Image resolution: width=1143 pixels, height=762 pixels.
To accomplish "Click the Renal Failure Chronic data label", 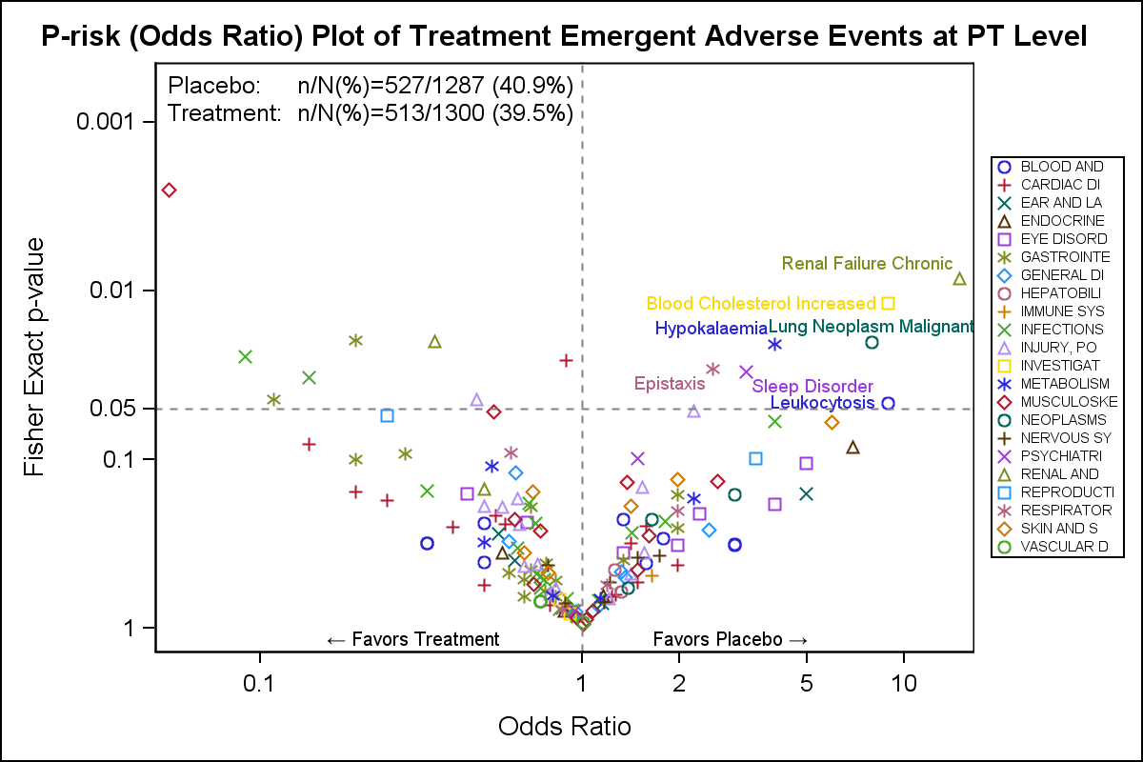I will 867,264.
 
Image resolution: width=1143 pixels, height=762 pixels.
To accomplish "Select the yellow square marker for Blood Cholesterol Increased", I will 888,303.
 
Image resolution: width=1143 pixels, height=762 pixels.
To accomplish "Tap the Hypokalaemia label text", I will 711,329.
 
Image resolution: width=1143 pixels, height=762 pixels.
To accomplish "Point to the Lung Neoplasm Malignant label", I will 871,327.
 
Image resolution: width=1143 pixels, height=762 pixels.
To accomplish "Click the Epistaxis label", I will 670,384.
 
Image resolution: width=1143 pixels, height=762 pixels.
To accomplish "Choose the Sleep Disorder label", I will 812,386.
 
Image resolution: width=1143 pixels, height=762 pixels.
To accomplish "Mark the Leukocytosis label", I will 822,403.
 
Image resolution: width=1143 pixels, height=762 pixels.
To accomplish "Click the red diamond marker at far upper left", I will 170,190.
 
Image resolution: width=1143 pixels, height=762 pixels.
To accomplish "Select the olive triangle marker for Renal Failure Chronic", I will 960,279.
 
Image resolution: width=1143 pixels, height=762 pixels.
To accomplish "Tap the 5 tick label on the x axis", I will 807,683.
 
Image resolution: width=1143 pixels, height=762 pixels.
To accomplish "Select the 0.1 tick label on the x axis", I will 258,683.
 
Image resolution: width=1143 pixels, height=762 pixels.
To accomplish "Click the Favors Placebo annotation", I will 731,638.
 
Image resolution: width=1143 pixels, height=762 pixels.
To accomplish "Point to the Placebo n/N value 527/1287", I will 434,85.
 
